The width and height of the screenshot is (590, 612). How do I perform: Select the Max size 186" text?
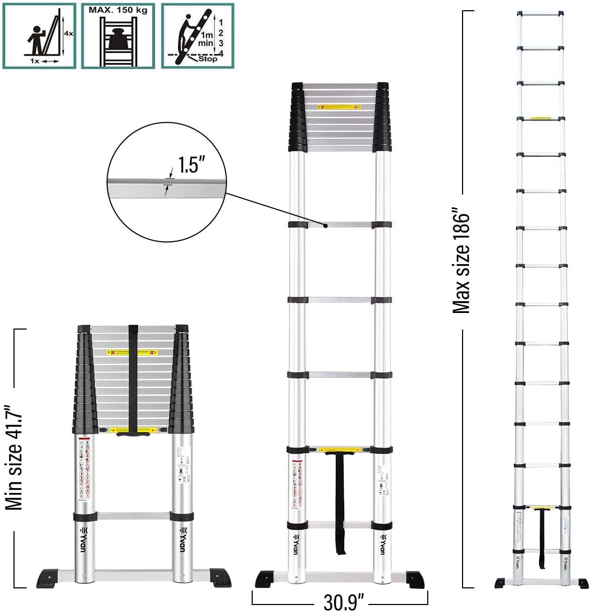point(461,263)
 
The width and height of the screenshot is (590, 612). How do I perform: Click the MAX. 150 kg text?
point(118,10)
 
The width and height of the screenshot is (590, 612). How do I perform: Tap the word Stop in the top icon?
point(208,58)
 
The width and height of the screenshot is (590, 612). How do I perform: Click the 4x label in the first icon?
point(69,33)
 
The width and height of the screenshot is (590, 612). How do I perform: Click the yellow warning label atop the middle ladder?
point(339,108)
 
